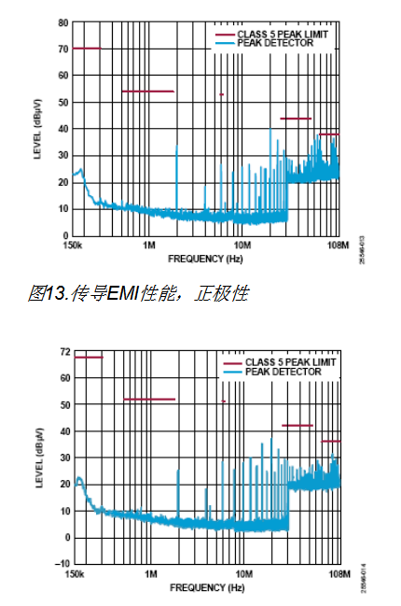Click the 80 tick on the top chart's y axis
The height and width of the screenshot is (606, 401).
click(x=62, y=21)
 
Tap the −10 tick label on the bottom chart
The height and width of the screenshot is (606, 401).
click(x=61, y=564)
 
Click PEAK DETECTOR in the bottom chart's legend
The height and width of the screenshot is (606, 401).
click(x=285, y=372)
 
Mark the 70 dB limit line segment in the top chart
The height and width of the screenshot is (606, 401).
click(x=86, y=48)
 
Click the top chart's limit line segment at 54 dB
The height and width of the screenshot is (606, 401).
click(x=147, y=91)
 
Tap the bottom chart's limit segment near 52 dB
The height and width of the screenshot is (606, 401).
click(x=149, y=400)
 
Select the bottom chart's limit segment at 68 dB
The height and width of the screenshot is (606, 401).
click(x=88, y=357)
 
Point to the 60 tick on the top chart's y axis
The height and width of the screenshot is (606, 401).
click(x=62, y=74)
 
